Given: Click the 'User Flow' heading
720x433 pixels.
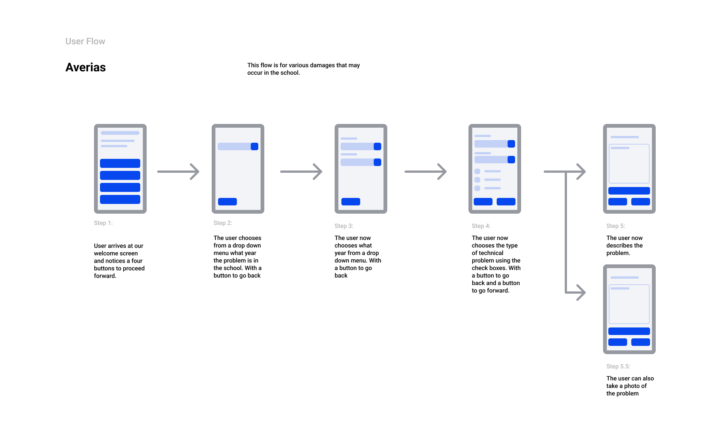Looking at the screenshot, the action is [85, 41].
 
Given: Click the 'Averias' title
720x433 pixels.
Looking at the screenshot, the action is [86, 67].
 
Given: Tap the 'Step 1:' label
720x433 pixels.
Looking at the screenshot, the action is [103, 223].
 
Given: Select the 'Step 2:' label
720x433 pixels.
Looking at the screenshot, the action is [223, 223].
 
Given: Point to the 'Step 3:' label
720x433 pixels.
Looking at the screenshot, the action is [344, 226].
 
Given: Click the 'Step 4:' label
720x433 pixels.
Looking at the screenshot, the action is [481, 226].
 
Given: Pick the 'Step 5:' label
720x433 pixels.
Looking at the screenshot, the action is [616, 226].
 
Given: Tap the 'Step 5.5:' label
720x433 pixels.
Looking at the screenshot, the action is [618, 366].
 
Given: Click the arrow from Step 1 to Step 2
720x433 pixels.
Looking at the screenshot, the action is [178, 172].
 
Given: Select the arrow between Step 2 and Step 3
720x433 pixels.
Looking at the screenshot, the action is [301, 172].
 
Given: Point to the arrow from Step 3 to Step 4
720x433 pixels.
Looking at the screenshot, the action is [426, 172].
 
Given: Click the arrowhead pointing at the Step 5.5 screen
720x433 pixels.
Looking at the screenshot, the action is [581, 293].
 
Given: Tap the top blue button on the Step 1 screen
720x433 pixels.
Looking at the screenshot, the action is [120, 163].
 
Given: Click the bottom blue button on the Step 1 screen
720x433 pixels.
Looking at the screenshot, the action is [120, 199].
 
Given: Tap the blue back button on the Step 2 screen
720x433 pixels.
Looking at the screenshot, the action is [227, 202].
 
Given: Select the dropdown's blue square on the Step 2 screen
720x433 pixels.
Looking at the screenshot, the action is [255, 146].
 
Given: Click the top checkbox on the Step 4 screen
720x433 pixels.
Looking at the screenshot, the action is [477, 171].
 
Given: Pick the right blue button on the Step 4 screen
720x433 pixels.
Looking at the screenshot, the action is [506, 202].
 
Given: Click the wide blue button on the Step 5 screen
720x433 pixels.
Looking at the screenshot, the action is [629, 191].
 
